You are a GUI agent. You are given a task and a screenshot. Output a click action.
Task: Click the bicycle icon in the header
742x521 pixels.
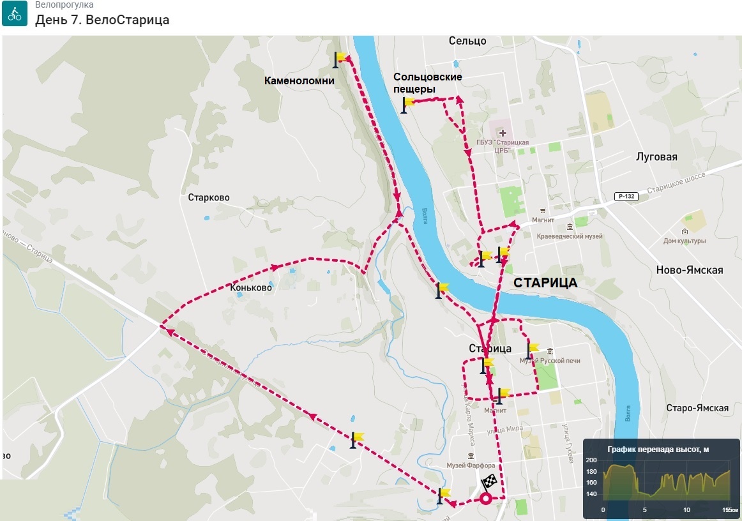point(14,13)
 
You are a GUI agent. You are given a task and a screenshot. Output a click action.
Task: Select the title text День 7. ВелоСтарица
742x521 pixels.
point(102,20)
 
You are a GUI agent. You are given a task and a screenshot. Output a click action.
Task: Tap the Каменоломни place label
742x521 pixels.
point(299,80)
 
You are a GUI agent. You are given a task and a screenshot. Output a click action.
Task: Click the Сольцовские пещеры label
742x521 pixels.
point(427,83)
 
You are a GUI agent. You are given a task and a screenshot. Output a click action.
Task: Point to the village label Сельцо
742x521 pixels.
point(467,41)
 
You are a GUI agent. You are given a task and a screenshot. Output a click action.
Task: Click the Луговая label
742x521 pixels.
point(656,156)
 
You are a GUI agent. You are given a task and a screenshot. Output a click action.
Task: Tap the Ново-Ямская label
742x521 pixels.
point(690,270)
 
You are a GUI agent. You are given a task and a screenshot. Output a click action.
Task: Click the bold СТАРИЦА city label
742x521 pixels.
point(545,283)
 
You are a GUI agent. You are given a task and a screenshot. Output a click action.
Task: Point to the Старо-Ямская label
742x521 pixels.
point(697,408)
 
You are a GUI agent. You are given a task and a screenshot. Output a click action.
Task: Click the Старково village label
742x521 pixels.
point(209,198)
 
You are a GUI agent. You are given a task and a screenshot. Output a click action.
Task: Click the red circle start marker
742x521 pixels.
point(486,499)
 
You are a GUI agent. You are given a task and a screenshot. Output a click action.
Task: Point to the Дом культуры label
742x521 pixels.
point(685,241)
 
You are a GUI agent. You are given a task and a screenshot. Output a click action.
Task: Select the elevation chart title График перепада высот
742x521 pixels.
point(658,449)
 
